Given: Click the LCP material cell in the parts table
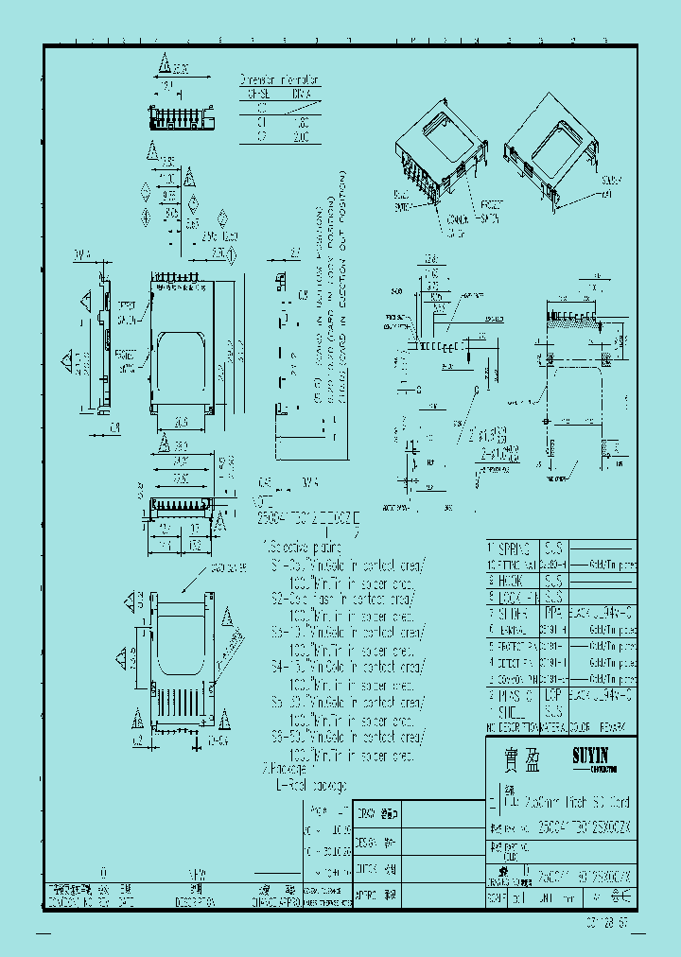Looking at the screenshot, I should (x=554, y=694).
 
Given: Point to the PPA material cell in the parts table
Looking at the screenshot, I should (x=554, y=613).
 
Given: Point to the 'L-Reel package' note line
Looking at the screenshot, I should (x=311, y=786).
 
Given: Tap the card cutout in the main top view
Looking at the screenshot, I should (x=183, y=365).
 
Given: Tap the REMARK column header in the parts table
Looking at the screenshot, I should (x=617, y=726).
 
